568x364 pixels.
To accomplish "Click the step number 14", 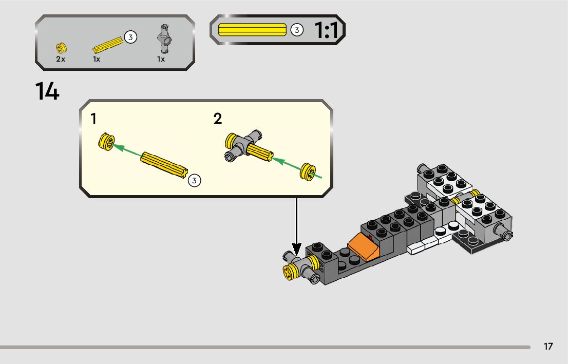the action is click(x=47, y=91).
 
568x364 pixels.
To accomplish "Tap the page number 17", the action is click(x=548, y=346).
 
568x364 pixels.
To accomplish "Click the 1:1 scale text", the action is click(x=326, y=31).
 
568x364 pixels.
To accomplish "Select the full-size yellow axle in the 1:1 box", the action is click(x=252, y=30).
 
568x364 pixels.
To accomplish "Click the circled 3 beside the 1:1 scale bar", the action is click(x=296, y=30).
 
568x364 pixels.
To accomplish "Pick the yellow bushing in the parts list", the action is click(x=61, y=48).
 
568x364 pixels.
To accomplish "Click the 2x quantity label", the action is click(x=61, y=59).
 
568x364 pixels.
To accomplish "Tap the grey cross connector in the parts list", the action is click(x=164, y=39).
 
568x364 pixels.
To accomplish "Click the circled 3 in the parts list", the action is click(x=130, y=37).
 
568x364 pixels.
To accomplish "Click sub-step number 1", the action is click(x=93, y=119).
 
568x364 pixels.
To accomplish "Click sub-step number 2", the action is click(x=218, y=119).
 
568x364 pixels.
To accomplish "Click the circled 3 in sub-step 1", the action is click(x=194, y=180).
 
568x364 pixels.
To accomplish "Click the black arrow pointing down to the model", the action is click(x=297, y=226).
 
